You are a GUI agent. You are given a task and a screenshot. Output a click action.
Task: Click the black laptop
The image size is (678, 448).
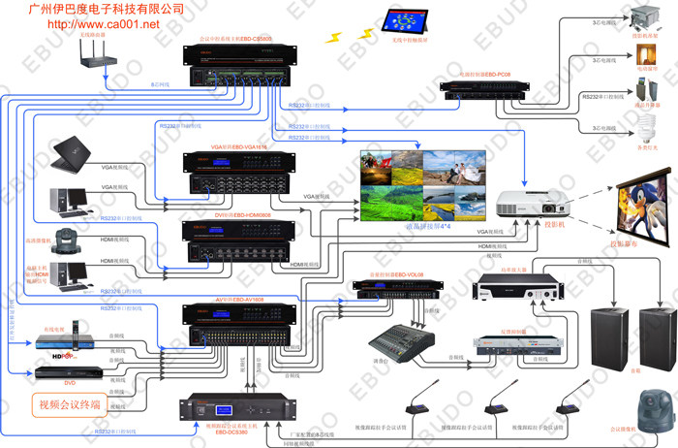tap(67, 156)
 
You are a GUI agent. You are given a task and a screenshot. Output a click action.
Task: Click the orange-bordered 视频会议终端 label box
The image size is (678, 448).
tap(69, 403)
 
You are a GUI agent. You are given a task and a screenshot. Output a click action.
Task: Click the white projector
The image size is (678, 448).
tap(524, 204)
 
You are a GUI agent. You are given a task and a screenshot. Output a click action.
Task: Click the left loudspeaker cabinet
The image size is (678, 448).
tap(605, 336)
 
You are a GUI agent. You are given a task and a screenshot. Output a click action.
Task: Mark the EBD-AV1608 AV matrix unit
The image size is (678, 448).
tap(236, 326)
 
